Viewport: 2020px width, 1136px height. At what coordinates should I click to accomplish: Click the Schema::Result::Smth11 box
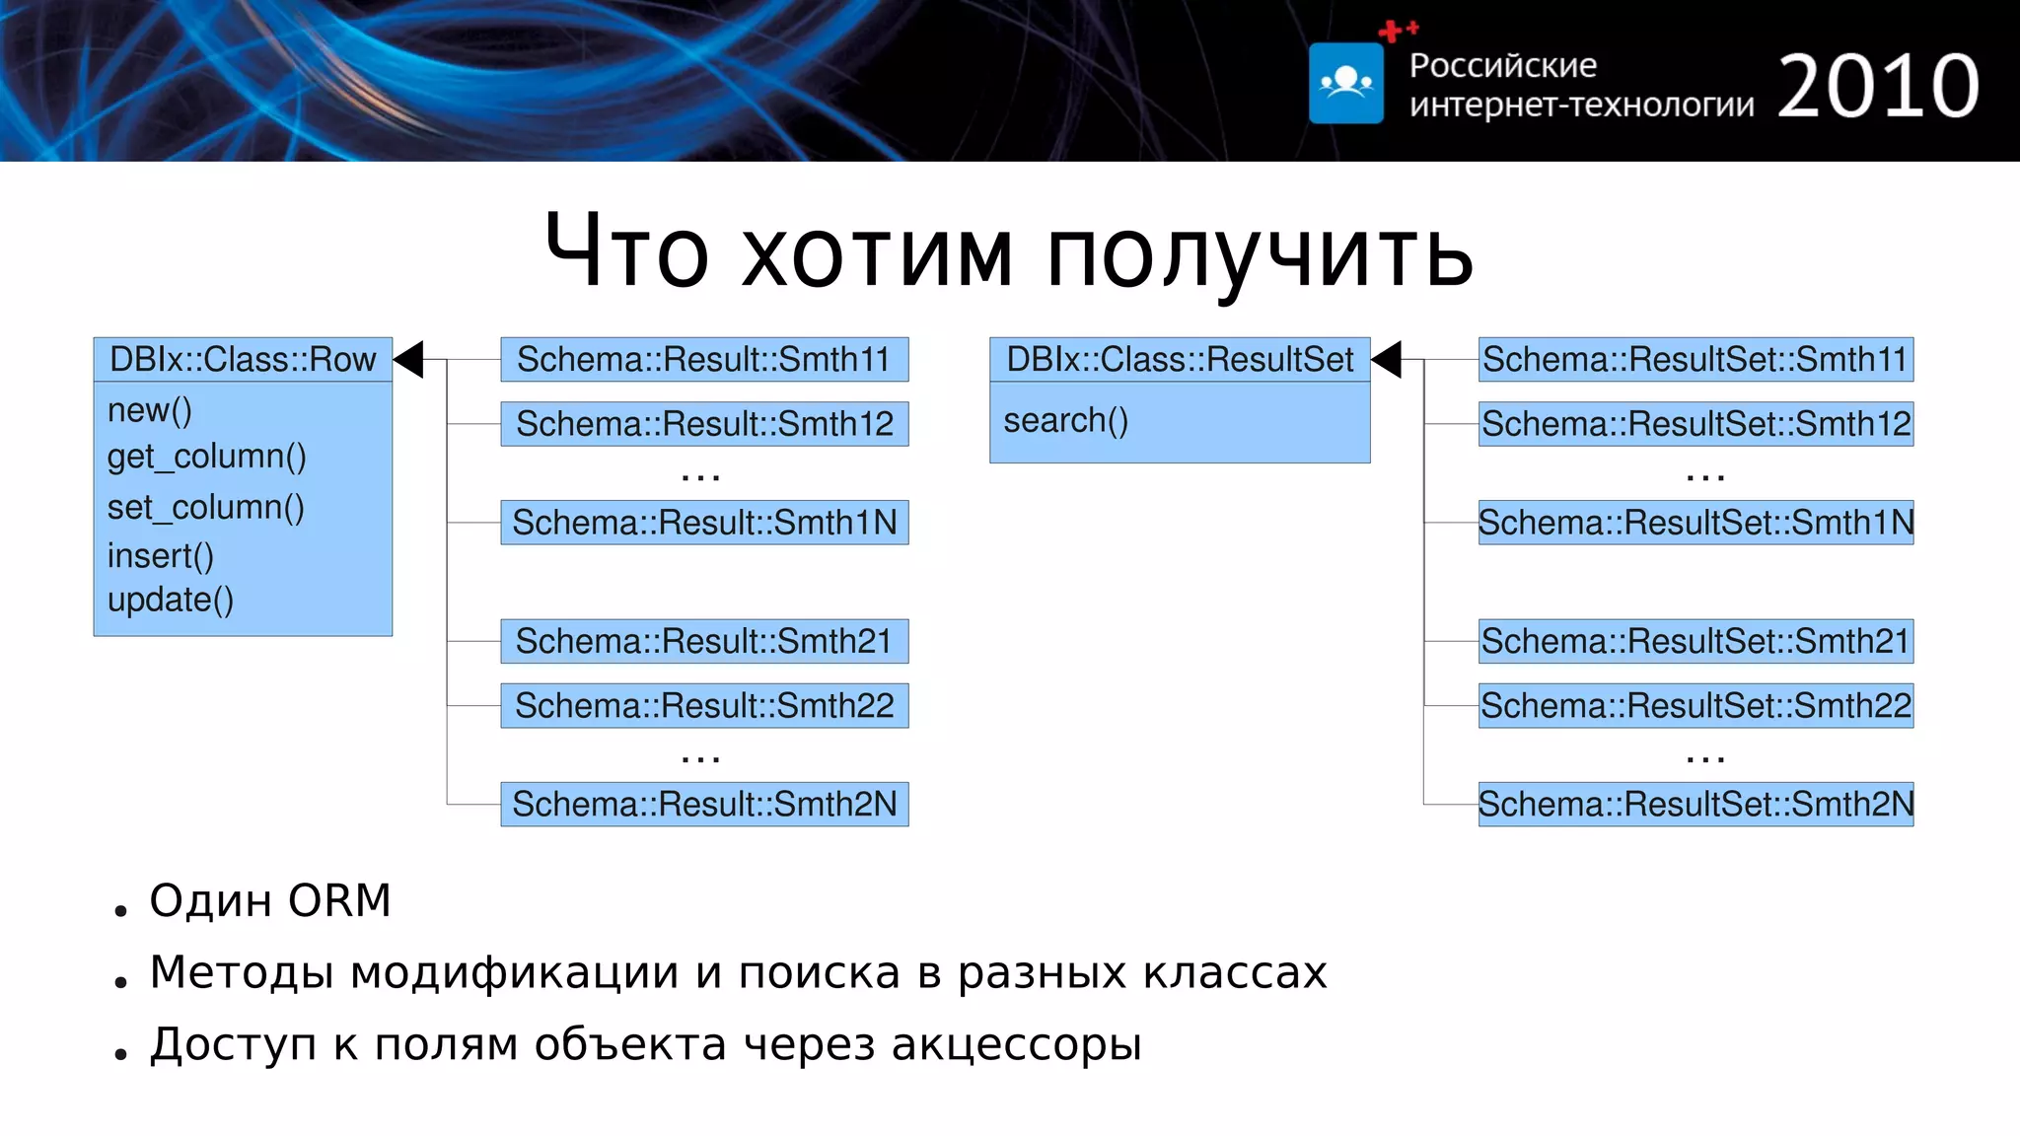(704, 359)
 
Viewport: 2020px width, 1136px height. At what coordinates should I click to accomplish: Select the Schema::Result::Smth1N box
(704, 523)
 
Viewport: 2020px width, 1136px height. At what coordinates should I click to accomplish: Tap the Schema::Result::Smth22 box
(704, 706)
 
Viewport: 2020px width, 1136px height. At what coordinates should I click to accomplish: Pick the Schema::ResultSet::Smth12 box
(1695, 424)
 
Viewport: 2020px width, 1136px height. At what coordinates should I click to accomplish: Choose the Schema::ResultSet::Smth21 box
(1695, 641)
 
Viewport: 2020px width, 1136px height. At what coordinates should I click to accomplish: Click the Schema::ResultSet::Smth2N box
(1695, 805)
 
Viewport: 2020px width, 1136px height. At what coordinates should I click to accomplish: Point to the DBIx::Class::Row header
(243, 359)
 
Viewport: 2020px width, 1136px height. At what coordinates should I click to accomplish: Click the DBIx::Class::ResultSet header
(1180, 359)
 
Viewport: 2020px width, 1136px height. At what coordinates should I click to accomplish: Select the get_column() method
(207, 457)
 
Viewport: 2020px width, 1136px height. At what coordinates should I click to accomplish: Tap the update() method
(171, 600)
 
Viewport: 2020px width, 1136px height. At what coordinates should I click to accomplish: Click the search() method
(1065, 421)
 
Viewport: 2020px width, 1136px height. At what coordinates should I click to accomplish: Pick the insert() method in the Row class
(161, 556)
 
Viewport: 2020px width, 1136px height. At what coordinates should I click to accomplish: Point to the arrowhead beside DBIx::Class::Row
(409, 359)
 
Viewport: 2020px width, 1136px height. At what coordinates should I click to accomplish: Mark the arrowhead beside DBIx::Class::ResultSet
(1387, 359)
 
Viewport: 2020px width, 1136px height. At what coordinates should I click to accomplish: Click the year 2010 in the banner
(1878, 87)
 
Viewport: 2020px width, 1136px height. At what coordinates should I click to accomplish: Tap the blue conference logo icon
(1346, 83)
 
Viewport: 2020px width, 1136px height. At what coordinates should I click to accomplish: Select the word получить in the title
(1260, 253)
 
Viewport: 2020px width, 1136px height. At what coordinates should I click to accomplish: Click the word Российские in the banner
(1502, 65)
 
